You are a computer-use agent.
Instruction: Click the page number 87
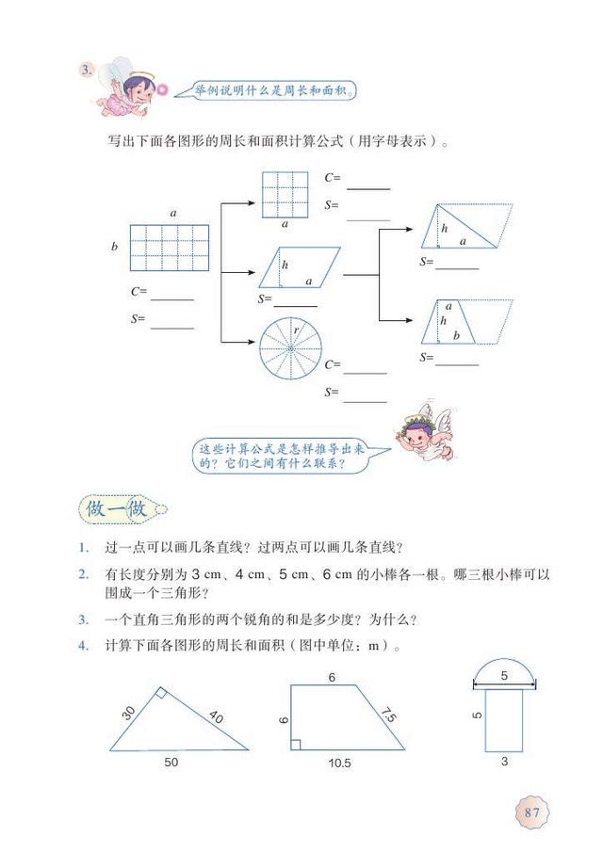pos(531,812)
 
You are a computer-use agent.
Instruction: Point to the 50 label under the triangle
pos(171,762)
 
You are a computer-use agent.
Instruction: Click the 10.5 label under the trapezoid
pos(340,763)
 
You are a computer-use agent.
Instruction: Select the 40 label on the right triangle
pos(216,716)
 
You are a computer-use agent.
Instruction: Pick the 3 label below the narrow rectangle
pos(504,762)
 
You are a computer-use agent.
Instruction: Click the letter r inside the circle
pos(294,330)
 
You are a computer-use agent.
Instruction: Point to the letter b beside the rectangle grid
pos(114,247)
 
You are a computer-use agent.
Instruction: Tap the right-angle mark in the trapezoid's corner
pos(296,745)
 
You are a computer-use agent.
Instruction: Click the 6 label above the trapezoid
pos(332,677)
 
